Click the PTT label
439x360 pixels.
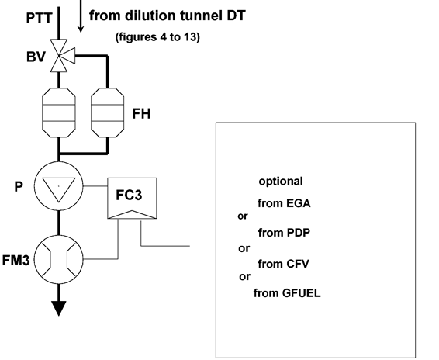click(40, 18)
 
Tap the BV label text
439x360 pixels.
click(36, 57)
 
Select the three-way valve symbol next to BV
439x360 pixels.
click(62, 56)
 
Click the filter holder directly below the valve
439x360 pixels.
click(59, 112)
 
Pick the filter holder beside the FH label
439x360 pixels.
click(108, 112)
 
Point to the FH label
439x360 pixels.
click(141, 114)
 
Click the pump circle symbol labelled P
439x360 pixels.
click(59, 185)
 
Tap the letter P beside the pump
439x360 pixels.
click(19, 186)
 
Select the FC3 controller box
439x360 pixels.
click(132, 198)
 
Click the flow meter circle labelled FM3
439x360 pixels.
click(59, 260)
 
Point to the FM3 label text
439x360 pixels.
click(16, 260)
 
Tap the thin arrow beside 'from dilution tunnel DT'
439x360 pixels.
click(81, 16)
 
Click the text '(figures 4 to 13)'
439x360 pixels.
click(157, 37)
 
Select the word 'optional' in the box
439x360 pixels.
click(281, 182)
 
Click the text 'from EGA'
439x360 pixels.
click(284, 203)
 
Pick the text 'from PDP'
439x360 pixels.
click(284, 233)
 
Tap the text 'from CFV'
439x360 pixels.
click(283, 264)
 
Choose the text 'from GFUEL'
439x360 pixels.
click(287, 293)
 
